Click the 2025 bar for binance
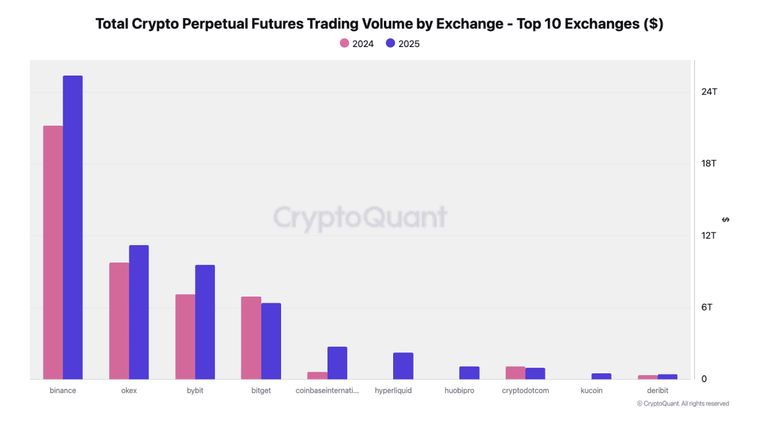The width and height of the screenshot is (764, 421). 72,227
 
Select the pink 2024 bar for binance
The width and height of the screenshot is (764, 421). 53,253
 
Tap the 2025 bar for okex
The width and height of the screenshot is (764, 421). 139,312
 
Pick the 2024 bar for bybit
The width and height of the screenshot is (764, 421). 185,337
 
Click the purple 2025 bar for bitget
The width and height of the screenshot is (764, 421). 271,341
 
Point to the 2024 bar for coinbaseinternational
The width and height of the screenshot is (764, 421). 317,376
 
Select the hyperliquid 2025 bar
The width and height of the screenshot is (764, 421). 403,366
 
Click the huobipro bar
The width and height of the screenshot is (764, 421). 469,373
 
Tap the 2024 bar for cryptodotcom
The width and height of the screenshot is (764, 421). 515,373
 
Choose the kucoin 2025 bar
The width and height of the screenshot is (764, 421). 601,376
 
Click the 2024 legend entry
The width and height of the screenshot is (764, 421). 357,43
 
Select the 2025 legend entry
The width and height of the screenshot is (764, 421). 402,43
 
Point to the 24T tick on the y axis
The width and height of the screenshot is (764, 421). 709,92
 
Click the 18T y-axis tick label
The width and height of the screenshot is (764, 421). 709,163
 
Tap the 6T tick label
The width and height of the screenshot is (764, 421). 706,307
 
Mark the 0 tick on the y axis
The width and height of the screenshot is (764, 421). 704,379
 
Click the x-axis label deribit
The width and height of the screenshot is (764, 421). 658,391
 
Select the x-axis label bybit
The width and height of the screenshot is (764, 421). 195,391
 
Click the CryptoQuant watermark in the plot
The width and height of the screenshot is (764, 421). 360,217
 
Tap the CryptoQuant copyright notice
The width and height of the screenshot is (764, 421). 683,404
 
